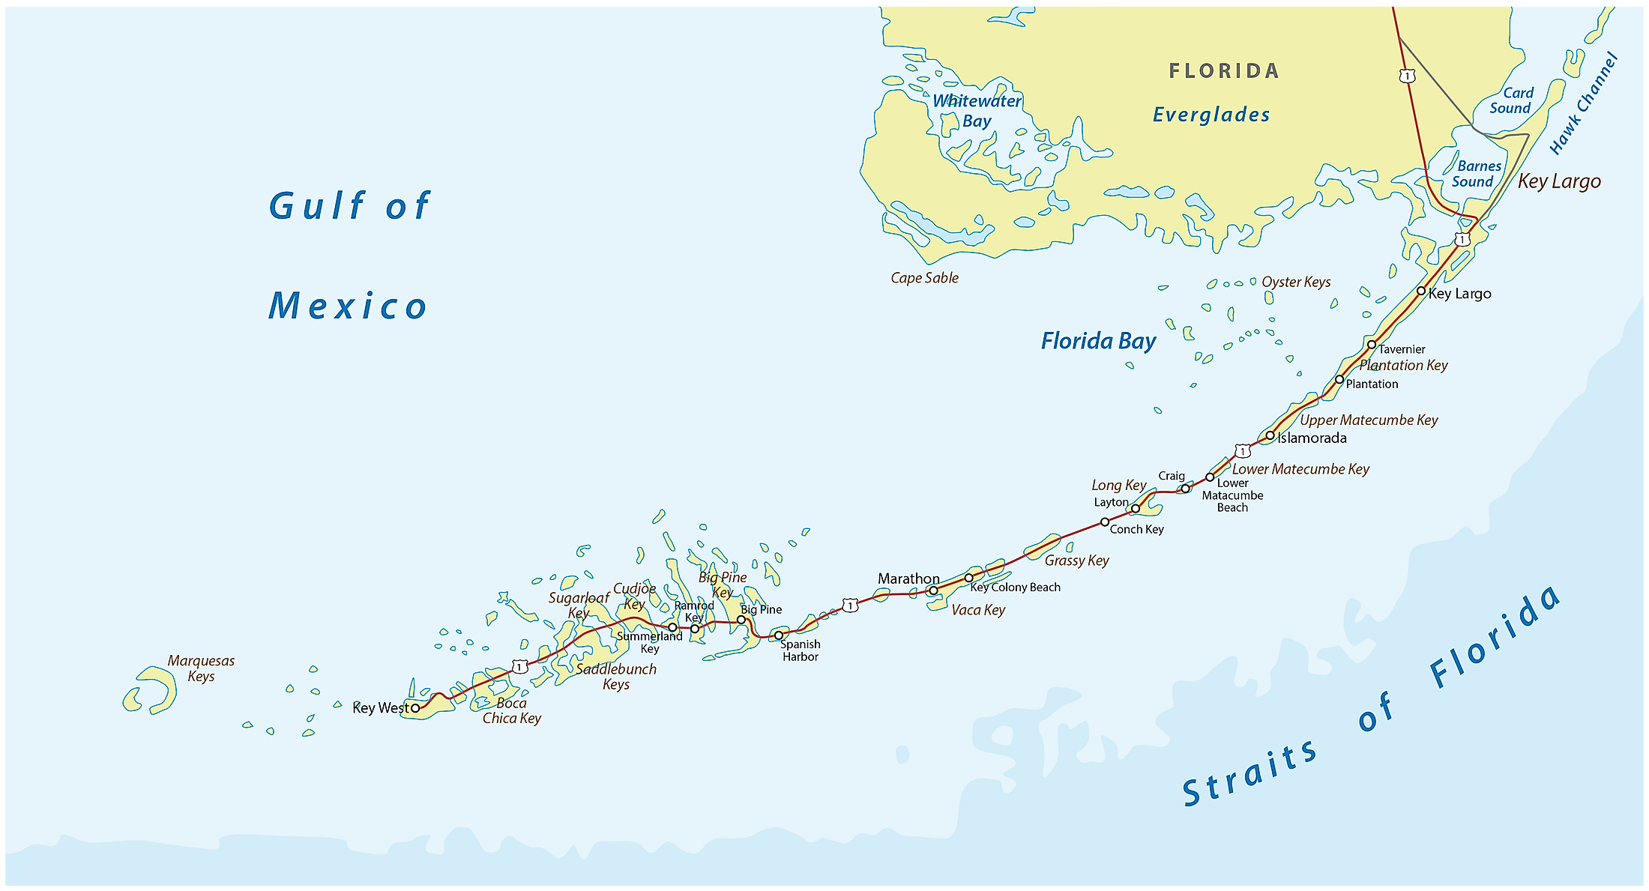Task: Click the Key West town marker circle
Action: [x=415, y=707]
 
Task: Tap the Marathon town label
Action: [x=908, y=579]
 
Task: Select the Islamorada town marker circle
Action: [x=1270, y=435]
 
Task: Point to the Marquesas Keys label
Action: [x=201, y=668]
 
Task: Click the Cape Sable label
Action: [x=924, y=278]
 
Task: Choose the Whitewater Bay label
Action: [x=977, y=111]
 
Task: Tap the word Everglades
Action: [x=1211, y=115]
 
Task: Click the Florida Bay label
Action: [x=1098, y=341]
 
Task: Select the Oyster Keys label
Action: [x=1296, y=282]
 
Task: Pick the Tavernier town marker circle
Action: [x=1372, y=345]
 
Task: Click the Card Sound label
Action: [x=1510, y=100]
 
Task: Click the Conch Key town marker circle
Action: [x=1105, y=522]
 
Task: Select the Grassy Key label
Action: [x=1076, y=561]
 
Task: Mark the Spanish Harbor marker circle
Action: [x=779, y=635]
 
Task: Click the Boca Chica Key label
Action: [x=511, y=710]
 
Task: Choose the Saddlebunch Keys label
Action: [x=616, y=676]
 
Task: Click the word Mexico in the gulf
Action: [x=348, y=306]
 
